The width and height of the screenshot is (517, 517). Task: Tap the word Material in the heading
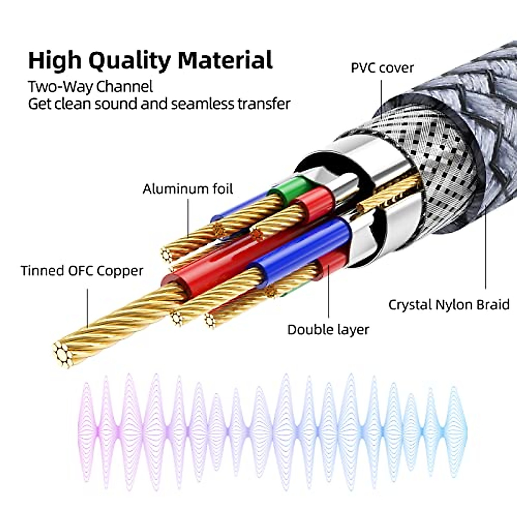(225, 60)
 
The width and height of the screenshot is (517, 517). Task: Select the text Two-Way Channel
(90, 87)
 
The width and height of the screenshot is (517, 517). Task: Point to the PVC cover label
(382, 68)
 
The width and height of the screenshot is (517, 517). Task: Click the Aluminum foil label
(187, 189)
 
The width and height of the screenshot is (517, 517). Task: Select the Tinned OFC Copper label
(82, 271)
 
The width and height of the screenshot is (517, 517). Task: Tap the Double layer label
(328, 330)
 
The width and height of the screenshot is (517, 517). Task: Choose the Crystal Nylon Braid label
(448, 305)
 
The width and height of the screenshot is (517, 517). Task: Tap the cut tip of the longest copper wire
(63, 355)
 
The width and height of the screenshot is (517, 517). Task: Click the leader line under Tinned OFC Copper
(87, 308)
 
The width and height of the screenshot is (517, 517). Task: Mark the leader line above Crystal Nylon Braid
(486, 254)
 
